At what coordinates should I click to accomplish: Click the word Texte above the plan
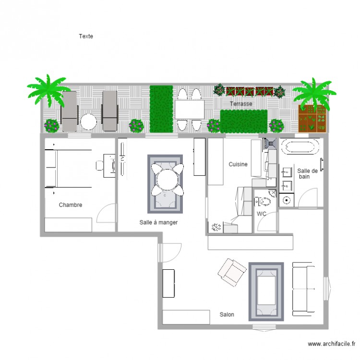(x=86, y=36)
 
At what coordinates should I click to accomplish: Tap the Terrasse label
(x=240, y=104)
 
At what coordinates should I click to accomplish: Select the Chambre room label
(x=71, y=205)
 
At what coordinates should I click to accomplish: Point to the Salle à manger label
(x=159, y=222)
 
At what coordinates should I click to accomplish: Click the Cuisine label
(x=238, y=164)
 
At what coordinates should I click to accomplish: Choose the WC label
(x=262, y=214)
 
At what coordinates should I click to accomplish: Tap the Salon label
(x=227, y=314)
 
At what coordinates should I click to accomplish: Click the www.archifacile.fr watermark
(x=331, y=344)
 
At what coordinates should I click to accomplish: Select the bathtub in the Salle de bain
(x=300, y=146)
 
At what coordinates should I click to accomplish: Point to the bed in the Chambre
(x=68, y=168)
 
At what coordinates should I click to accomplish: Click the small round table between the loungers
(x=89, y=121)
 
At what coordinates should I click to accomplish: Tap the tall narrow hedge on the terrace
(x=161, y=108)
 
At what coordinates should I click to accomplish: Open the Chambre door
(x=107, y=214)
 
